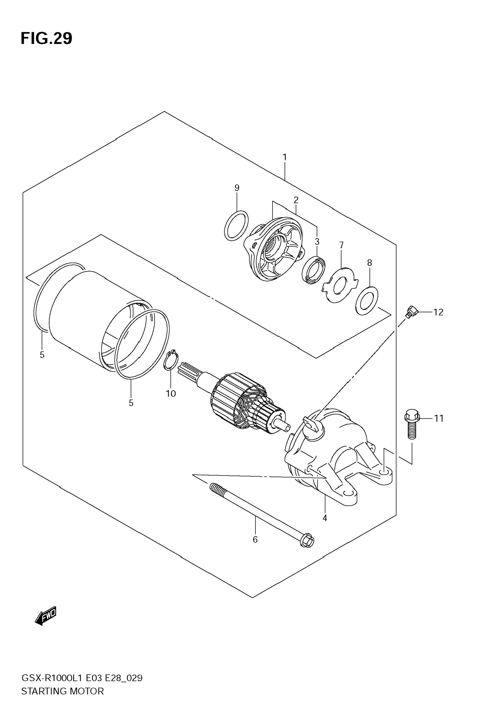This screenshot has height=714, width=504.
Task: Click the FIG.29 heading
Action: coord(46,39)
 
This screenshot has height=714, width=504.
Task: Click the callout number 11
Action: coord(438,419)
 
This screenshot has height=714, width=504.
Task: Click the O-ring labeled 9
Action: coord(236,225)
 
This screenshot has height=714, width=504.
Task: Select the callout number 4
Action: coord(325,518)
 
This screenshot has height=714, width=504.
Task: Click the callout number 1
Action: coord(285,157)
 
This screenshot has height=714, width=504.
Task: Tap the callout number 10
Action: coord(171,394)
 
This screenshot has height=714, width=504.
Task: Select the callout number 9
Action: coord(237,188)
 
